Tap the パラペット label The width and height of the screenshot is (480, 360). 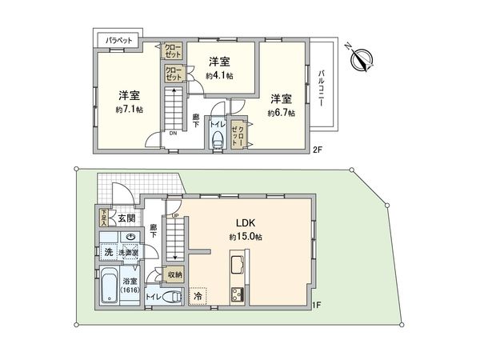click(117, 38)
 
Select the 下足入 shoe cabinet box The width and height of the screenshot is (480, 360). click(104, 217)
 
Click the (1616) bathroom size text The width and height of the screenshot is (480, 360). click(130, 290)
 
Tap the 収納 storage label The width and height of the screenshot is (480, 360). click(175, 274)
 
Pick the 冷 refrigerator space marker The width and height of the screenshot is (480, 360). click(198, 296)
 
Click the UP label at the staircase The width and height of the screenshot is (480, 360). click(174, 214)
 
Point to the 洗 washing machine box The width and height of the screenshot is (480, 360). click(106, 253)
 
